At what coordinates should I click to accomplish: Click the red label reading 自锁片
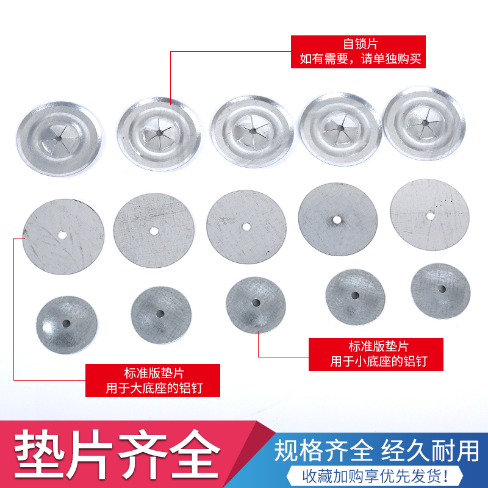[x=357, y=51]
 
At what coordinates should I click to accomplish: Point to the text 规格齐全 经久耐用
[x=376, y=451]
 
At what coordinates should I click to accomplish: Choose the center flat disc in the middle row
[x=246, y=226]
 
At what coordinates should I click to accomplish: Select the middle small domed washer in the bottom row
[x=256, y=303]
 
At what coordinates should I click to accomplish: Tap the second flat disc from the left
[x=153, y=231]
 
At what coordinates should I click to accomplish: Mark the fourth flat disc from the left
[x=337, y=218]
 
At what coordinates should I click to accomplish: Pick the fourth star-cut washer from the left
[x=341, y=129]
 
